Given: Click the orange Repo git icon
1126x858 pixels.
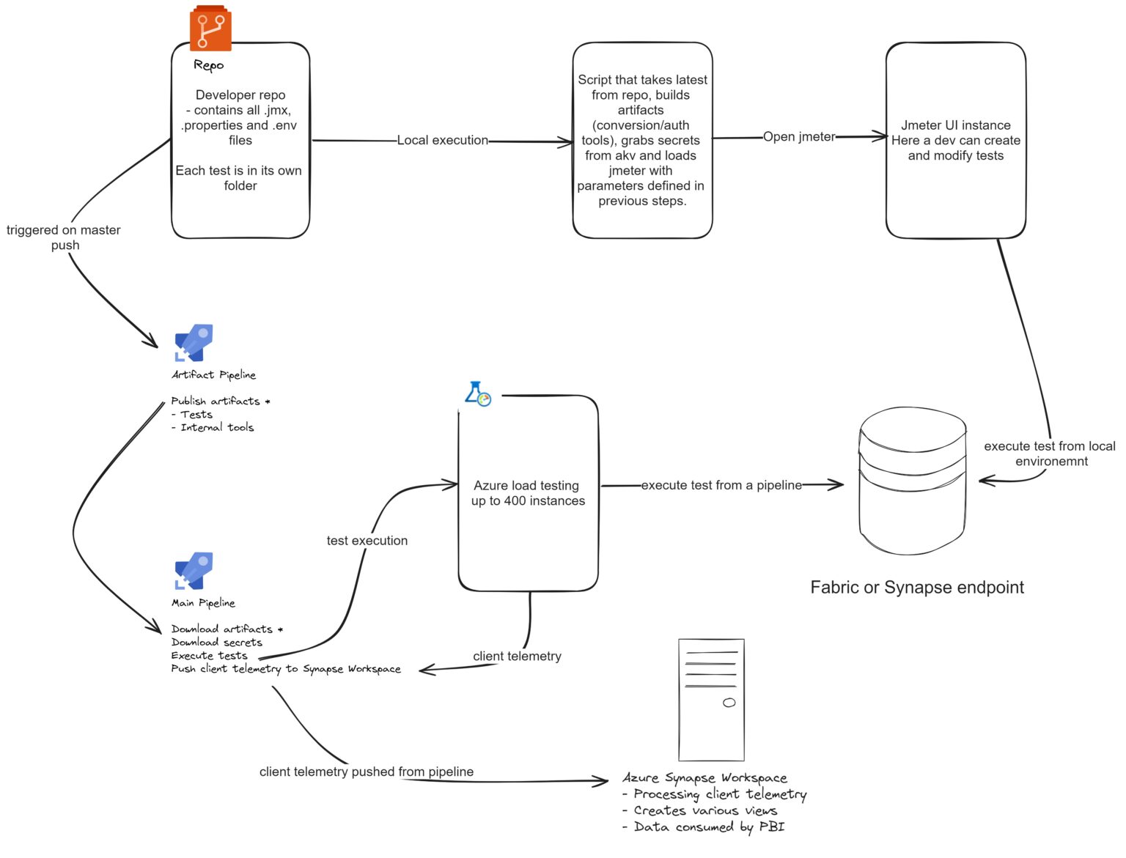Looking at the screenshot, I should click(x=210, y=29).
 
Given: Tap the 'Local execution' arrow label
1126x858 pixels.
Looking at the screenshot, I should click(x=442, y=140).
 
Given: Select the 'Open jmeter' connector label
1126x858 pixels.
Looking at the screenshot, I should click(x=798, y=137).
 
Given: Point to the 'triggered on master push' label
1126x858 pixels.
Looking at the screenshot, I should click(x=64, y=237).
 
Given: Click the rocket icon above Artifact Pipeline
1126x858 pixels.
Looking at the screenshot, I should click(x=194, y=343).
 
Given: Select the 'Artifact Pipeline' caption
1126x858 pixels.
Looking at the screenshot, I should click(x=213, y=374).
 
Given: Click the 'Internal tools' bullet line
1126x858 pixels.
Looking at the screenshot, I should click(x=216, y=427).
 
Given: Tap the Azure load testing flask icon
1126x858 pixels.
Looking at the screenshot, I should click(x=478, y=394).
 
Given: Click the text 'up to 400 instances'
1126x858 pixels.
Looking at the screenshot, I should click(x=528, y=501).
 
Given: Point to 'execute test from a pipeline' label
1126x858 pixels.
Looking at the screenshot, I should click(x=721, y=485).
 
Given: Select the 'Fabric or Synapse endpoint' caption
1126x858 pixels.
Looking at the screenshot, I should click(x=917, y=587).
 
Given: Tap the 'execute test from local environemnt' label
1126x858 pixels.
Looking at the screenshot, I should click(x=1050, y=454).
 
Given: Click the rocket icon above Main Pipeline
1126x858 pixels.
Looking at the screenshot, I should click(x=194, y=571).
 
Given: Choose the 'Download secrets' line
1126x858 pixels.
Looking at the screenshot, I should click(x=216, y=642).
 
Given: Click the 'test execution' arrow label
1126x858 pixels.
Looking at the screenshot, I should click(x=367, y=541).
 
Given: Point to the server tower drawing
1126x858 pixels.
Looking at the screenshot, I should click(x=711, y=700).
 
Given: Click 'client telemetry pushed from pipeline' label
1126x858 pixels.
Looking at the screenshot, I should click(x=366, y=772).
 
